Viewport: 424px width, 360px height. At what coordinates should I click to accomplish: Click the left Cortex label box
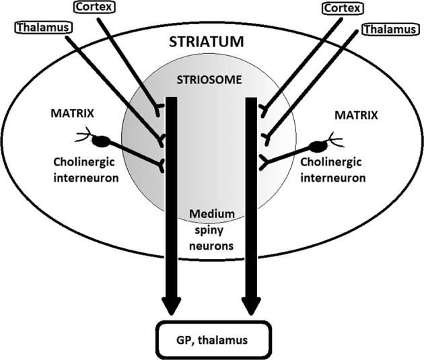click(93, 8)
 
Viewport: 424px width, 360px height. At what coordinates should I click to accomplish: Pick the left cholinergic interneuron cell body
click(102, 142)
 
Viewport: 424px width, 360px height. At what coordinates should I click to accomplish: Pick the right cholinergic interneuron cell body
click(318, 145)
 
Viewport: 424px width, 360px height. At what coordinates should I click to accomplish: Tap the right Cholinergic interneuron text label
click(334, 172)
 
